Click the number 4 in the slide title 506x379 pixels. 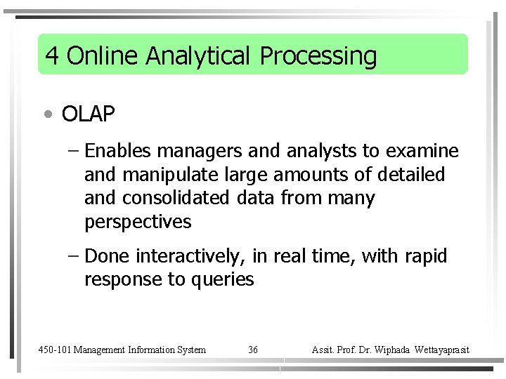point(51,55)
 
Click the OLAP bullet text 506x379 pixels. point(88,114)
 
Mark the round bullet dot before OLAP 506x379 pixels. point(47,114)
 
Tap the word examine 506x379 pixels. point(424,151)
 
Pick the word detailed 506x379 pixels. point(411,174)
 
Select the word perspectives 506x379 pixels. point(138,222)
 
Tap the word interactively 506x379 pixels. point(191,256)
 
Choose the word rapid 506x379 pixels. point(426,256)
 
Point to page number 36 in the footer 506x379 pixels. point(253,350)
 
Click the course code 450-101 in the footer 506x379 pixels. point(54,350)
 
